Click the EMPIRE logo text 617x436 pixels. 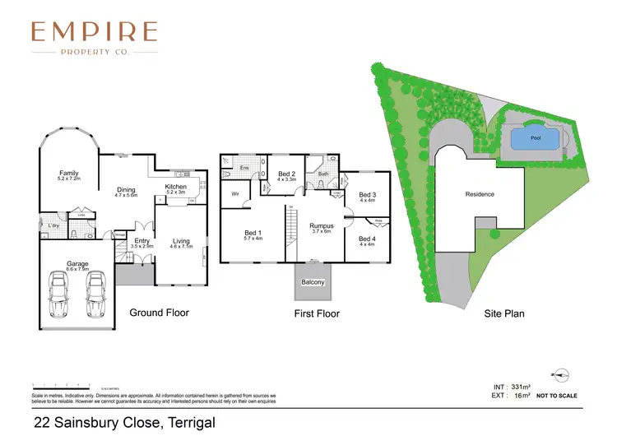[93, 32]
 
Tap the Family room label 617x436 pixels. [68, 174]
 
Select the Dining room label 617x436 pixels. [125, 189]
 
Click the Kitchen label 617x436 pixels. [176, 187]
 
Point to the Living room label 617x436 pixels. [180, 241]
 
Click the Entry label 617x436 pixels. [142, 241]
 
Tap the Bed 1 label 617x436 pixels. [253, 233]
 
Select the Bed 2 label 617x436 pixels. [286, 174]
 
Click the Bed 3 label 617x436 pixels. [366, 195]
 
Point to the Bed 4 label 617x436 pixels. [366, 239]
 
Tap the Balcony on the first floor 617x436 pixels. [312, 283]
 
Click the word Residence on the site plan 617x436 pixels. [480, 194]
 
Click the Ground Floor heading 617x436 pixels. [160, 313]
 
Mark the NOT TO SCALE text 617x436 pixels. [557, 396]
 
